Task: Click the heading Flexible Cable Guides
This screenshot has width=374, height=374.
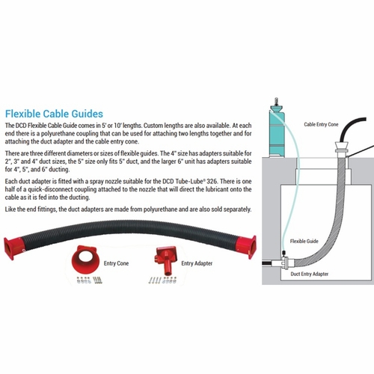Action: (x=54, y=114)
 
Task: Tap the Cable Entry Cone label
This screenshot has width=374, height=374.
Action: (x=321, y=124)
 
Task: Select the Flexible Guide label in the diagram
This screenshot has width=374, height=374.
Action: (x=304, y=241)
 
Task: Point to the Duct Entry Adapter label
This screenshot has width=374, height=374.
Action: (x=310, y=274)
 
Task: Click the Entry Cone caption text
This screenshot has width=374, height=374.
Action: (x=116, y=263)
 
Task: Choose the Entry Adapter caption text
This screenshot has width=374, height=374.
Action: (x=197, y=263)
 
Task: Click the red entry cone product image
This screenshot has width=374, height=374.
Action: (x=85, y=260)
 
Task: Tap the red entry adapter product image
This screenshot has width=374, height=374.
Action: (x=166, y=260)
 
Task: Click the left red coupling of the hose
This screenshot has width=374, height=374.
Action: (x=13, y=248)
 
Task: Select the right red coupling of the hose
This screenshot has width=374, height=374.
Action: (x=246, y=247)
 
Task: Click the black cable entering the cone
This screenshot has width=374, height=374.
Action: (x=349, y=129)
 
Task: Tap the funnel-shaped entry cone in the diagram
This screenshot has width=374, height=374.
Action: (x=341, y=147)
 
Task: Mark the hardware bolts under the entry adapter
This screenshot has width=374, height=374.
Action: (x=162, y=280)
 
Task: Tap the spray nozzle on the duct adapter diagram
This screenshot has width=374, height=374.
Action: (x=283, y=254)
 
